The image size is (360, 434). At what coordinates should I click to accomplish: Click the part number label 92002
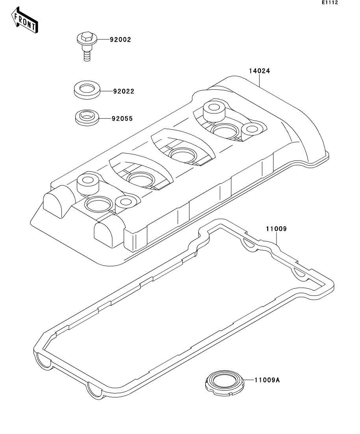pyautogui.click(x=121, y=40)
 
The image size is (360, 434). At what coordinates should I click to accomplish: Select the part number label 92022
pyautogui.click(x=124, y=91)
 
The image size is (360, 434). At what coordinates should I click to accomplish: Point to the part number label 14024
pyautogui.click(x=259, y=71)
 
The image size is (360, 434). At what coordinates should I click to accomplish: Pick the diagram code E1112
pyautogui.click(x=330, y=3)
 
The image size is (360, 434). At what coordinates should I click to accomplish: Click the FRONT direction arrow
pyautogui.click(x=25, y=22)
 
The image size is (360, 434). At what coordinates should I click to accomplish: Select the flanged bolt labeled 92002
pyautogui.click(x=86, y=48)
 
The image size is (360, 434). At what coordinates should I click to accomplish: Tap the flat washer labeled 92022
pyautogui.click(x=87, y=89)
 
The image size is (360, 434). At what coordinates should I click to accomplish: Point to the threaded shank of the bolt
pyautogui.click(x=87, y=55)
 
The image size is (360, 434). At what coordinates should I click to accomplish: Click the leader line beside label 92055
pyautogui.click(x=105, y=118)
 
